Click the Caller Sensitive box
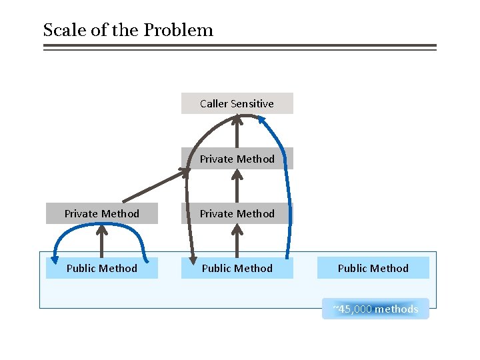[237, 103]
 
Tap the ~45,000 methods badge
[375, 309]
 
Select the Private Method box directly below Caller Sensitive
[237, 159]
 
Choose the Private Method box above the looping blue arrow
[102, 213]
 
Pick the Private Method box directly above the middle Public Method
[237, 213]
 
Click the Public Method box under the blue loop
[102, 268]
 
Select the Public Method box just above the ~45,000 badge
[373, 268]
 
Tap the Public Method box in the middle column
[237, 268]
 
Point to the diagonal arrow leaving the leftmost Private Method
[153, 187]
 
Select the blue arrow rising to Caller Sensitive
[289, 193]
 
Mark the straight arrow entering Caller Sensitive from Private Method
[237, 133]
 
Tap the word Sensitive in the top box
[252, 103]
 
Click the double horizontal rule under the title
[239, 47]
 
